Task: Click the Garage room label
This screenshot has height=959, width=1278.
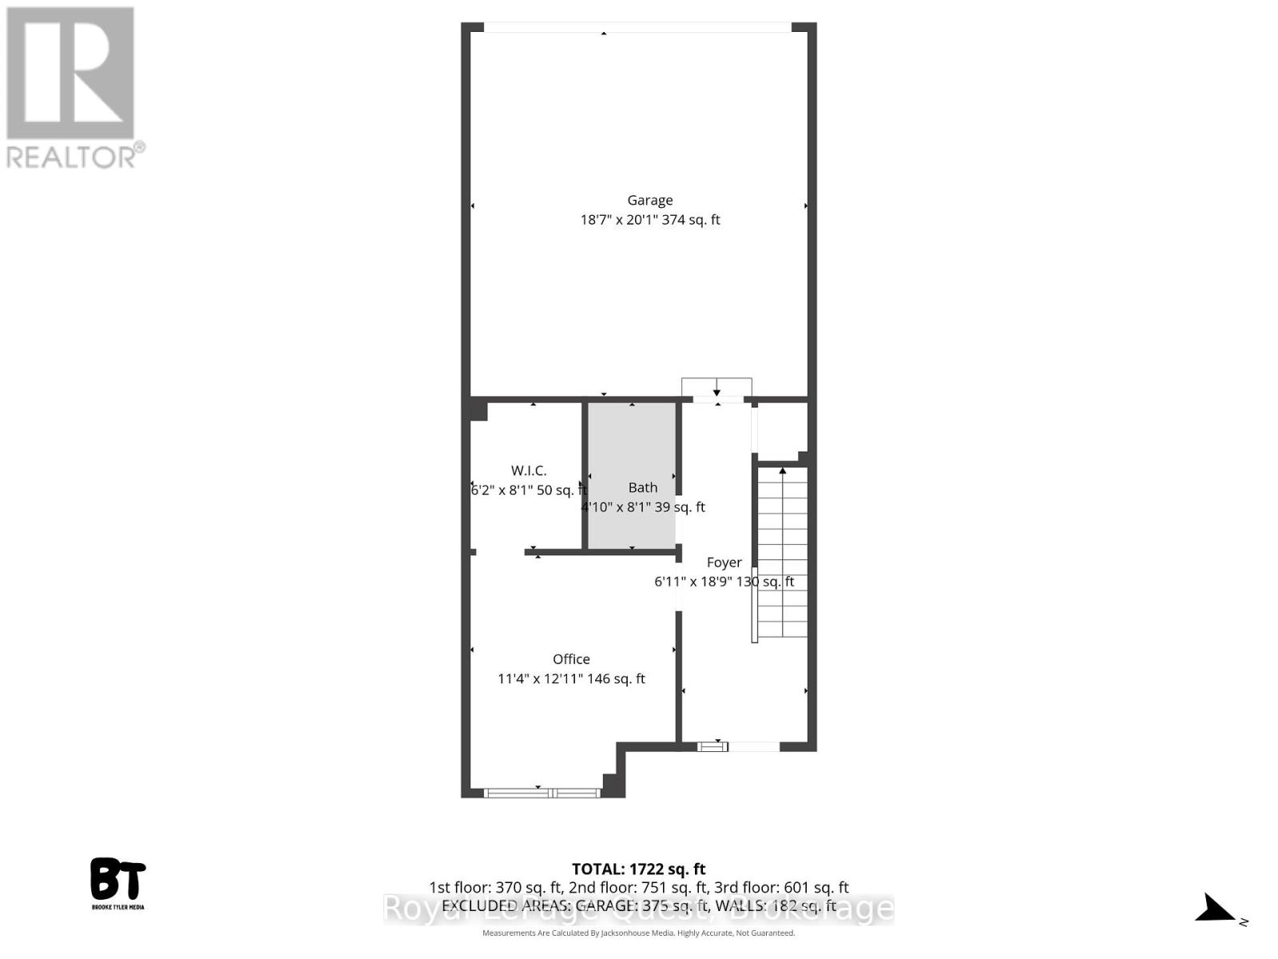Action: pos(649,201)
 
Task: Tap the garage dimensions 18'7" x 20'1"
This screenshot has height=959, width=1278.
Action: pos(619,220)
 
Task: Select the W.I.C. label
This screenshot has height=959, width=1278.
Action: pos(529,471)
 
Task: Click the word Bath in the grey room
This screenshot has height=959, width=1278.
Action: pos(643,487)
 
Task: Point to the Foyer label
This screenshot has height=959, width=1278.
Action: pos(724,563)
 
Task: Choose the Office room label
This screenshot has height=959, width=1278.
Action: pos(571,659)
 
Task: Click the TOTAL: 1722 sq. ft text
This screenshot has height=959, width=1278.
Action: pos(638,869)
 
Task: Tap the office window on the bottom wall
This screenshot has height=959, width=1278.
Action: pos(542,793)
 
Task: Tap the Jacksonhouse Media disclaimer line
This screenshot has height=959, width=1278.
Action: pos(638,933)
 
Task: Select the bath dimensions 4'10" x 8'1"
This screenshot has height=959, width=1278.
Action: pos(615,507)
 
